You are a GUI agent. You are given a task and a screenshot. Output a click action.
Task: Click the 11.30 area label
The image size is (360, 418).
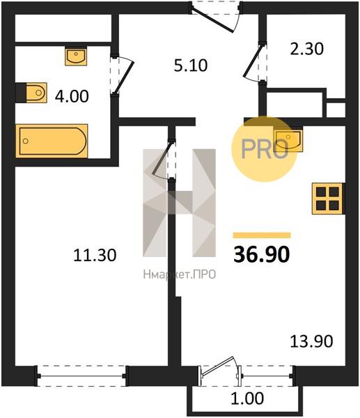coord(95,255)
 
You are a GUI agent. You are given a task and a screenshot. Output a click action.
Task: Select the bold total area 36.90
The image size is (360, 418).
coord(261,254)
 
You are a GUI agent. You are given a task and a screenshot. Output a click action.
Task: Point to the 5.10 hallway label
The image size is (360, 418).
coord(191,65)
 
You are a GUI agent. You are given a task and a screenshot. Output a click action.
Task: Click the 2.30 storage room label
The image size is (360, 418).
coord(306,49)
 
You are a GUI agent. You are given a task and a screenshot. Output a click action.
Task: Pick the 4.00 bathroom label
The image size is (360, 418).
coord(72,96)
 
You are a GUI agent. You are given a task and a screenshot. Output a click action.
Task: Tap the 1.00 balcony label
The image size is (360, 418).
coord(247,398)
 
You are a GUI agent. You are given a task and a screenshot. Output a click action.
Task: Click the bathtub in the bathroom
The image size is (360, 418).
coord(52,141)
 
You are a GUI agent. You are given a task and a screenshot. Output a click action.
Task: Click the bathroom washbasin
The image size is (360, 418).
coord(76,56)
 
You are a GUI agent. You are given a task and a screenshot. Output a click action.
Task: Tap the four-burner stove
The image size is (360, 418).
coord(327,199)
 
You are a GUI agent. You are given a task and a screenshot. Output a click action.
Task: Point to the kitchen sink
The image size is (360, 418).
coord(288,139)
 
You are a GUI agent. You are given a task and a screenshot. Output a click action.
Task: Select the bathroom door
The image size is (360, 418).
coord(122,75)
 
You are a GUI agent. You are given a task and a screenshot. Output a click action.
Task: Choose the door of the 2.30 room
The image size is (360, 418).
coord(254,63)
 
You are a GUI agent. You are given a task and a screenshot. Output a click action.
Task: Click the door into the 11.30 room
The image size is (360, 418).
coord(164,160)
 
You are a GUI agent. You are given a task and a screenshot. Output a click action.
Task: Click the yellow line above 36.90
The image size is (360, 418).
coord(262,235)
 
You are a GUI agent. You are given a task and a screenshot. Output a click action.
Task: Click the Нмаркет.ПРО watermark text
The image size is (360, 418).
coord(180,274)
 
